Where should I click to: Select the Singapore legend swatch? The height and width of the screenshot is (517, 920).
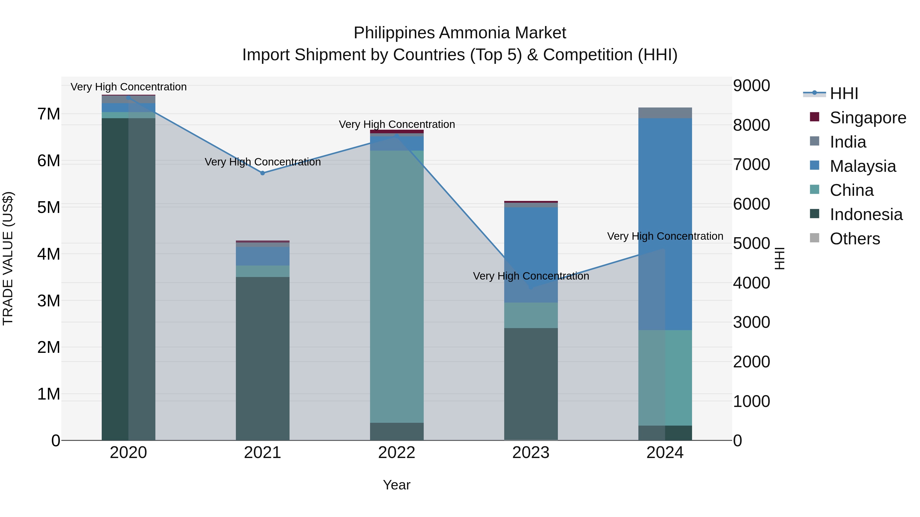pyautogui.click(x=815, y=117)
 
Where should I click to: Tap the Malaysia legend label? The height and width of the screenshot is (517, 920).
pyautogui.click(x=863, y=166)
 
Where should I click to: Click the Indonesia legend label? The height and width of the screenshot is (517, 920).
pyautogui.click(x=866, y=214)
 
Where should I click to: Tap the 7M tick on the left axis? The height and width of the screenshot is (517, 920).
pyautogui.click(x=49, y=114)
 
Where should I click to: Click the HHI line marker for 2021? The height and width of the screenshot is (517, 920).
pyautogui.click(x=262, y=173)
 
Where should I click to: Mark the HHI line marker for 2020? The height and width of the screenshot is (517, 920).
pyautogui.click(x=129, y=98)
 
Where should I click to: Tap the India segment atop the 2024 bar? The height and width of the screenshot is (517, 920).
pyautogui.click(x=665, y=113)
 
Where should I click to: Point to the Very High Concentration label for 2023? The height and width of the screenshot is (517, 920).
pyautogui.click(x=531, y=276)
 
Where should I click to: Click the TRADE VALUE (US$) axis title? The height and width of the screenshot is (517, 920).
pyautogui.click(x=8, y=258)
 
